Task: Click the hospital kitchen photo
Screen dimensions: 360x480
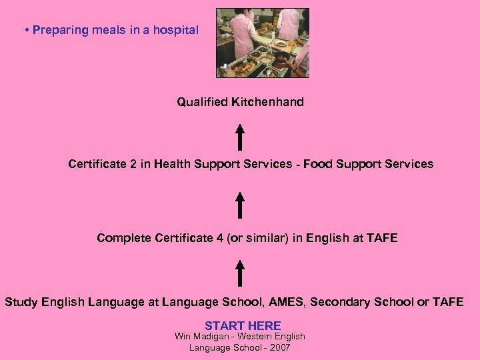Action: click(263, 43)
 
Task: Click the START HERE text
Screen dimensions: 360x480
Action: click(243, 325)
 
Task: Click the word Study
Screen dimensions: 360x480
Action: click(21, 302)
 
